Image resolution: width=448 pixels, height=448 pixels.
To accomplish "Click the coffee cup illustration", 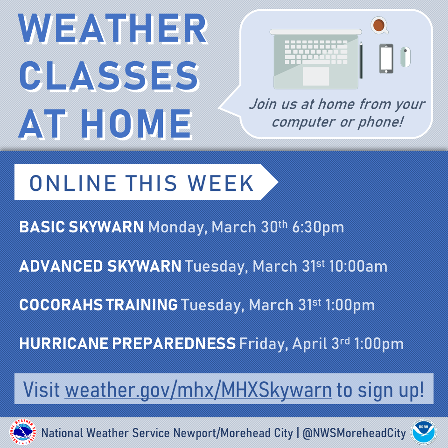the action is tap(379, 25).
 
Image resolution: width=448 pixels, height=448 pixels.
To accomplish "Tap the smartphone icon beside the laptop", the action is tap(386, 59).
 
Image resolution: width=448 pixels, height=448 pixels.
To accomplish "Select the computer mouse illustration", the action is tap(405, 57).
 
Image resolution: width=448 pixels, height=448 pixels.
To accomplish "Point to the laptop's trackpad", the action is tap(316, 76).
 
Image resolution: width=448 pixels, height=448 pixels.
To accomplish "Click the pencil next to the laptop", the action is tap(361, 60).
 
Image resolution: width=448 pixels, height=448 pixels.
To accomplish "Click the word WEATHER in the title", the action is tap(112, 28).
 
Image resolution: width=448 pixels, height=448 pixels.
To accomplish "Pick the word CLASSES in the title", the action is tap(109, 76).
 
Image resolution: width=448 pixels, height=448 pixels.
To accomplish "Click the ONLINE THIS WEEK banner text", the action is tap(141, 183).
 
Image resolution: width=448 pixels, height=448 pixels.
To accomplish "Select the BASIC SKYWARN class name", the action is tap(81, 227).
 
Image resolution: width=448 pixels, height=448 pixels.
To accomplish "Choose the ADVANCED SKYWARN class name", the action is tap(100, 266).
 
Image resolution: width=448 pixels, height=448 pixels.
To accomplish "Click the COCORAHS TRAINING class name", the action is tap(98, 305).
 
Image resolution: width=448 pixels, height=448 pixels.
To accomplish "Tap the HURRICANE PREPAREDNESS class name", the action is tap(127, 343).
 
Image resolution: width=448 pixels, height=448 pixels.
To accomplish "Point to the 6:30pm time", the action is tap(318, 227).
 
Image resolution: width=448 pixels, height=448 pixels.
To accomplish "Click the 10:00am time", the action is tap(358, 266).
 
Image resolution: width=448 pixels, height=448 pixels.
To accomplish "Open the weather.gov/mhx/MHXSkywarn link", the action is tap(198, 390).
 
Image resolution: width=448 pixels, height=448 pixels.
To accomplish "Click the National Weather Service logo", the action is tap(22, 432).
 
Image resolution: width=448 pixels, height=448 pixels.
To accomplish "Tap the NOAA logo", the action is tap(423, 432).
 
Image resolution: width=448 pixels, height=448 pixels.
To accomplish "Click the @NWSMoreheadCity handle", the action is tap(354, 433).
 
